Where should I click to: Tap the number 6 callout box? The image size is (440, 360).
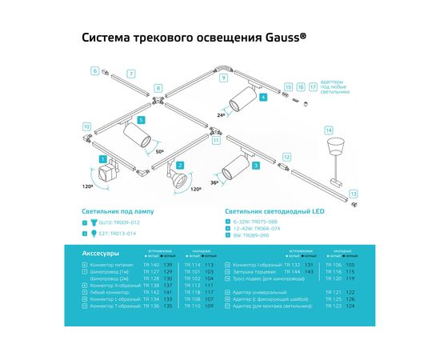(94, 71)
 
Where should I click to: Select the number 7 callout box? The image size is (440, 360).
(131, 74)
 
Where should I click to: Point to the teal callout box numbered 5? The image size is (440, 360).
(141, 119)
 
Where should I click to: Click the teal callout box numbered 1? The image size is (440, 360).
(104, 160)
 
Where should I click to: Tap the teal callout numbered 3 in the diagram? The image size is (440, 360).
(254, 165)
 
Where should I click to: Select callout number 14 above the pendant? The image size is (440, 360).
(327, 130)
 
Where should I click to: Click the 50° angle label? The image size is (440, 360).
(159, 151)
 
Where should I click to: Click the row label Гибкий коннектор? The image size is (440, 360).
(112, 291)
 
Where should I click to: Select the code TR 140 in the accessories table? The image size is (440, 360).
(150, 264)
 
